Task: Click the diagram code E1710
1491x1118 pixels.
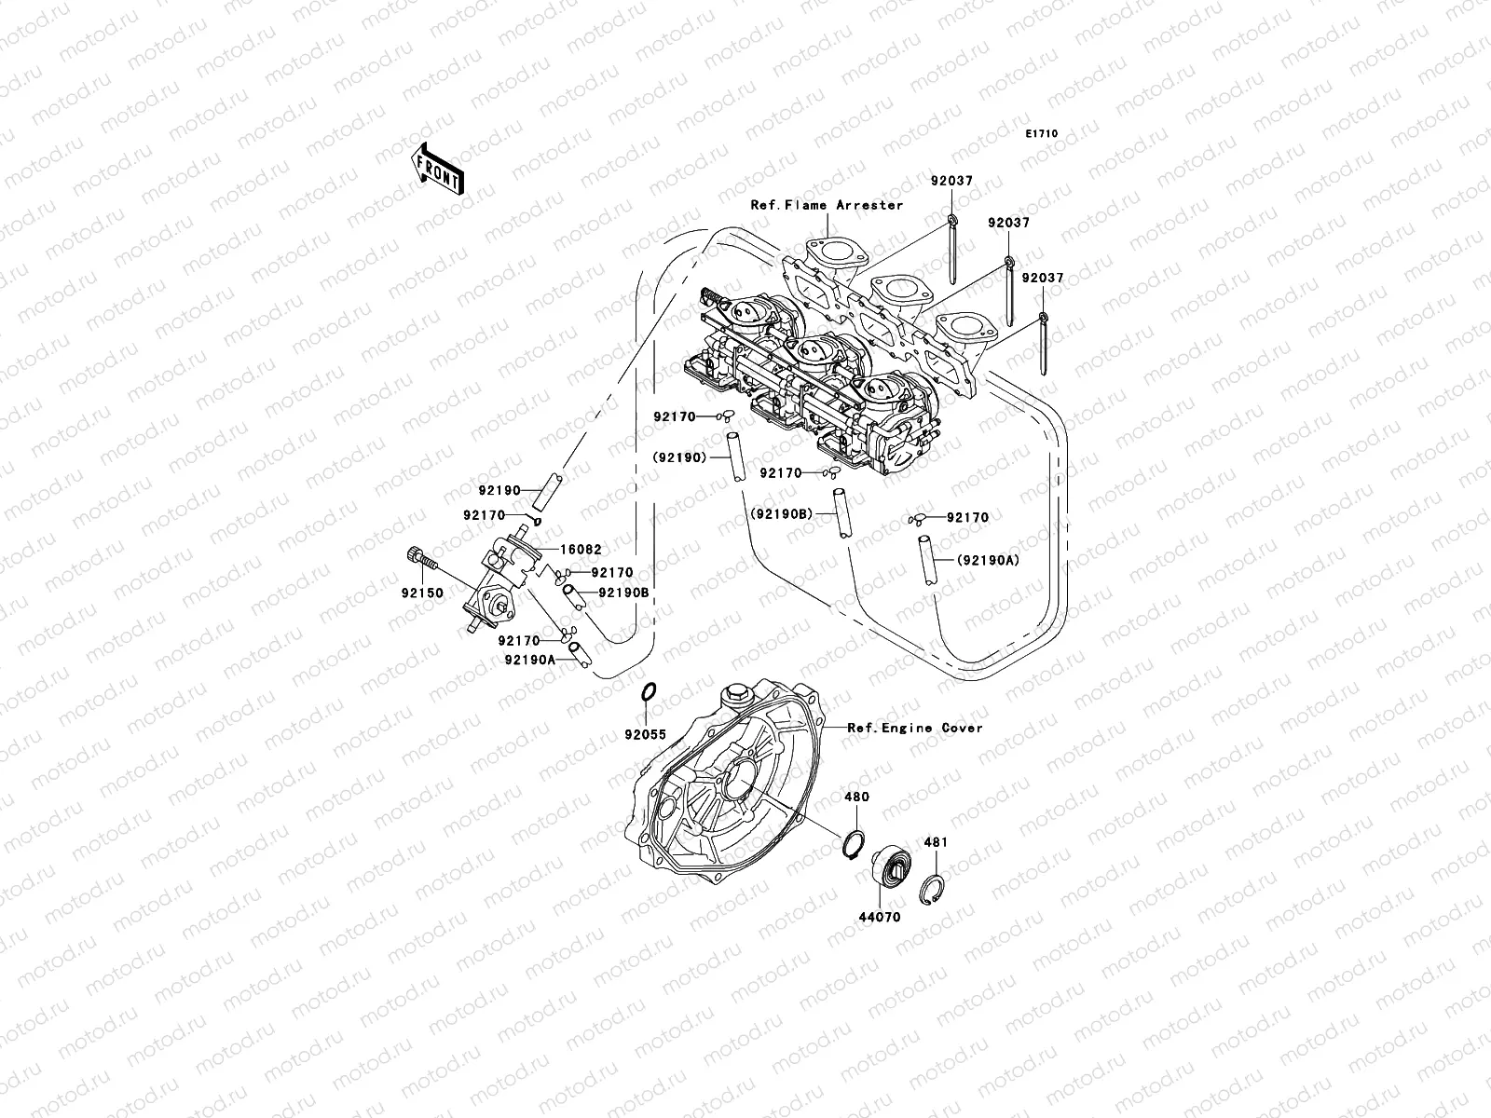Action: [x=1042, y=134]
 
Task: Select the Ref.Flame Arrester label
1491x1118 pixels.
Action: [x=828, y=205]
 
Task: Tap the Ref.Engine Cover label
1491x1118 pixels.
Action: [x=914, y=728]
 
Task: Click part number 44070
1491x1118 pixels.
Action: [x=879, y=916]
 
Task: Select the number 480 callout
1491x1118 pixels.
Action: [x=856, y=798]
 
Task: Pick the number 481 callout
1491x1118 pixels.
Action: [x=936, y=842]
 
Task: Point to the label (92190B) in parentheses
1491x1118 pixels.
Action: [x=780, y=513]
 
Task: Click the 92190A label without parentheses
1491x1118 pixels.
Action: [x=529, y=659]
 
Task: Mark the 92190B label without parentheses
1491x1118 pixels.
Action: [x=623, y=592]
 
